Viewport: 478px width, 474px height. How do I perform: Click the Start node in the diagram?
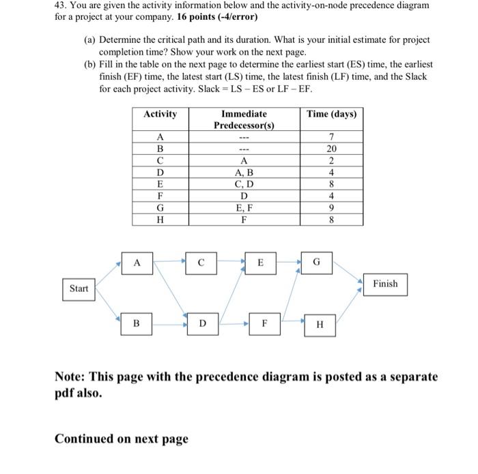click(79, 288)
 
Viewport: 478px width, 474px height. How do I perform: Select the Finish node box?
click(385, 284)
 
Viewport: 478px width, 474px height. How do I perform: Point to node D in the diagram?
click(202, 324)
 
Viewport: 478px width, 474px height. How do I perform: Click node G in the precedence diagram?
click(315, 263)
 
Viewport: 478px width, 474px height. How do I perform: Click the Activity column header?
click(160, 114)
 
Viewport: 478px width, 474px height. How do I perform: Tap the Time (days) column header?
click(331, 114)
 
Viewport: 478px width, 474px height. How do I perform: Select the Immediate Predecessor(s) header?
click(244, 119)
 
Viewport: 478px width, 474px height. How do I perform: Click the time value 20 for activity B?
click(331, 149)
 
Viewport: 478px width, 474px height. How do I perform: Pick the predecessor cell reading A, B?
click(244, 173)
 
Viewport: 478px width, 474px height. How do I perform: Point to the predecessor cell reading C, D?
click(244, 185)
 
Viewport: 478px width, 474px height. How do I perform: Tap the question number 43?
click(61, 5)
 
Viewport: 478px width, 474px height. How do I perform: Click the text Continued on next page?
click(121, 439)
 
